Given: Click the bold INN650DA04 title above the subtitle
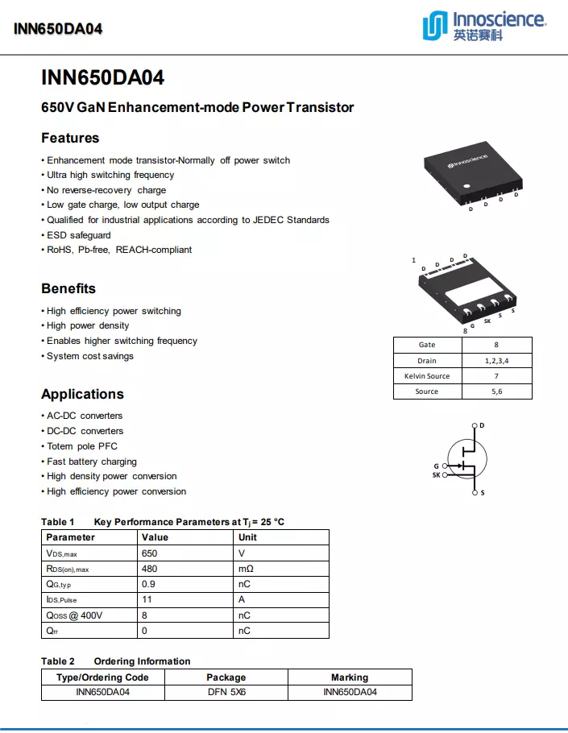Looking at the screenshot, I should [102, 78].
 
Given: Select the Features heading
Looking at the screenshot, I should [70, 138].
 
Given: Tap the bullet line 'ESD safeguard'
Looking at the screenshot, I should [79, 235].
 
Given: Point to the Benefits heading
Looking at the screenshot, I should [68, 288].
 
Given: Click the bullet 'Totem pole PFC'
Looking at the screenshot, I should [82, 446].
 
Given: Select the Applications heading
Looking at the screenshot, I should [82, 394].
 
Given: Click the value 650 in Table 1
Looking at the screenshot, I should [150, 553].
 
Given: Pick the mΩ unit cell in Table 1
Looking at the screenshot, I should [247, 569].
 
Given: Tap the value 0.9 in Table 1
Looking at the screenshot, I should [149, 584].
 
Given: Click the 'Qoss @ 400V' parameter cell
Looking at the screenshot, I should [74, 615].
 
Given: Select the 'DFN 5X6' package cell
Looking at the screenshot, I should [226, 692].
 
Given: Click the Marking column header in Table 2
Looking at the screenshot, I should [350, 677].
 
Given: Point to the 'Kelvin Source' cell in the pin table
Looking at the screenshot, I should [427, 376].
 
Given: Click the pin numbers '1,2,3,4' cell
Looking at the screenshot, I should [496, 361].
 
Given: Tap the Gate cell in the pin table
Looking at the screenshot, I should [427, 345].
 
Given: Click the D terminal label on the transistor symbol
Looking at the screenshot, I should [482, 425].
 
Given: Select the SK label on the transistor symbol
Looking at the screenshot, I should [437, 475].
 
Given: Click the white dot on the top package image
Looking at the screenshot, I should [466, 188].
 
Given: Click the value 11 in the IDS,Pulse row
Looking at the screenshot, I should [147, 600].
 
